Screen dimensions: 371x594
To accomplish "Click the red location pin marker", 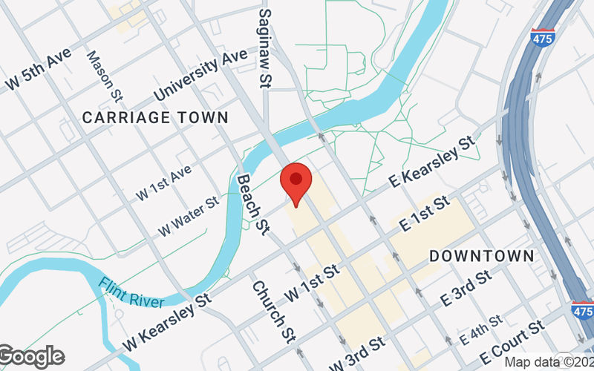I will [296, 183].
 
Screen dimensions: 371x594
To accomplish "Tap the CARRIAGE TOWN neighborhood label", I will [155, 117].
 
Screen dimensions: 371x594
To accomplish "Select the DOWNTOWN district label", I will [482, 255].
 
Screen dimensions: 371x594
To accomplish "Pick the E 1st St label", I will [425, 213].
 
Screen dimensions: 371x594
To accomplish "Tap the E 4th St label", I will [480, 329].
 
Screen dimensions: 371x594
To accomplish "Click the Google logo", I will [31, 357].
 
